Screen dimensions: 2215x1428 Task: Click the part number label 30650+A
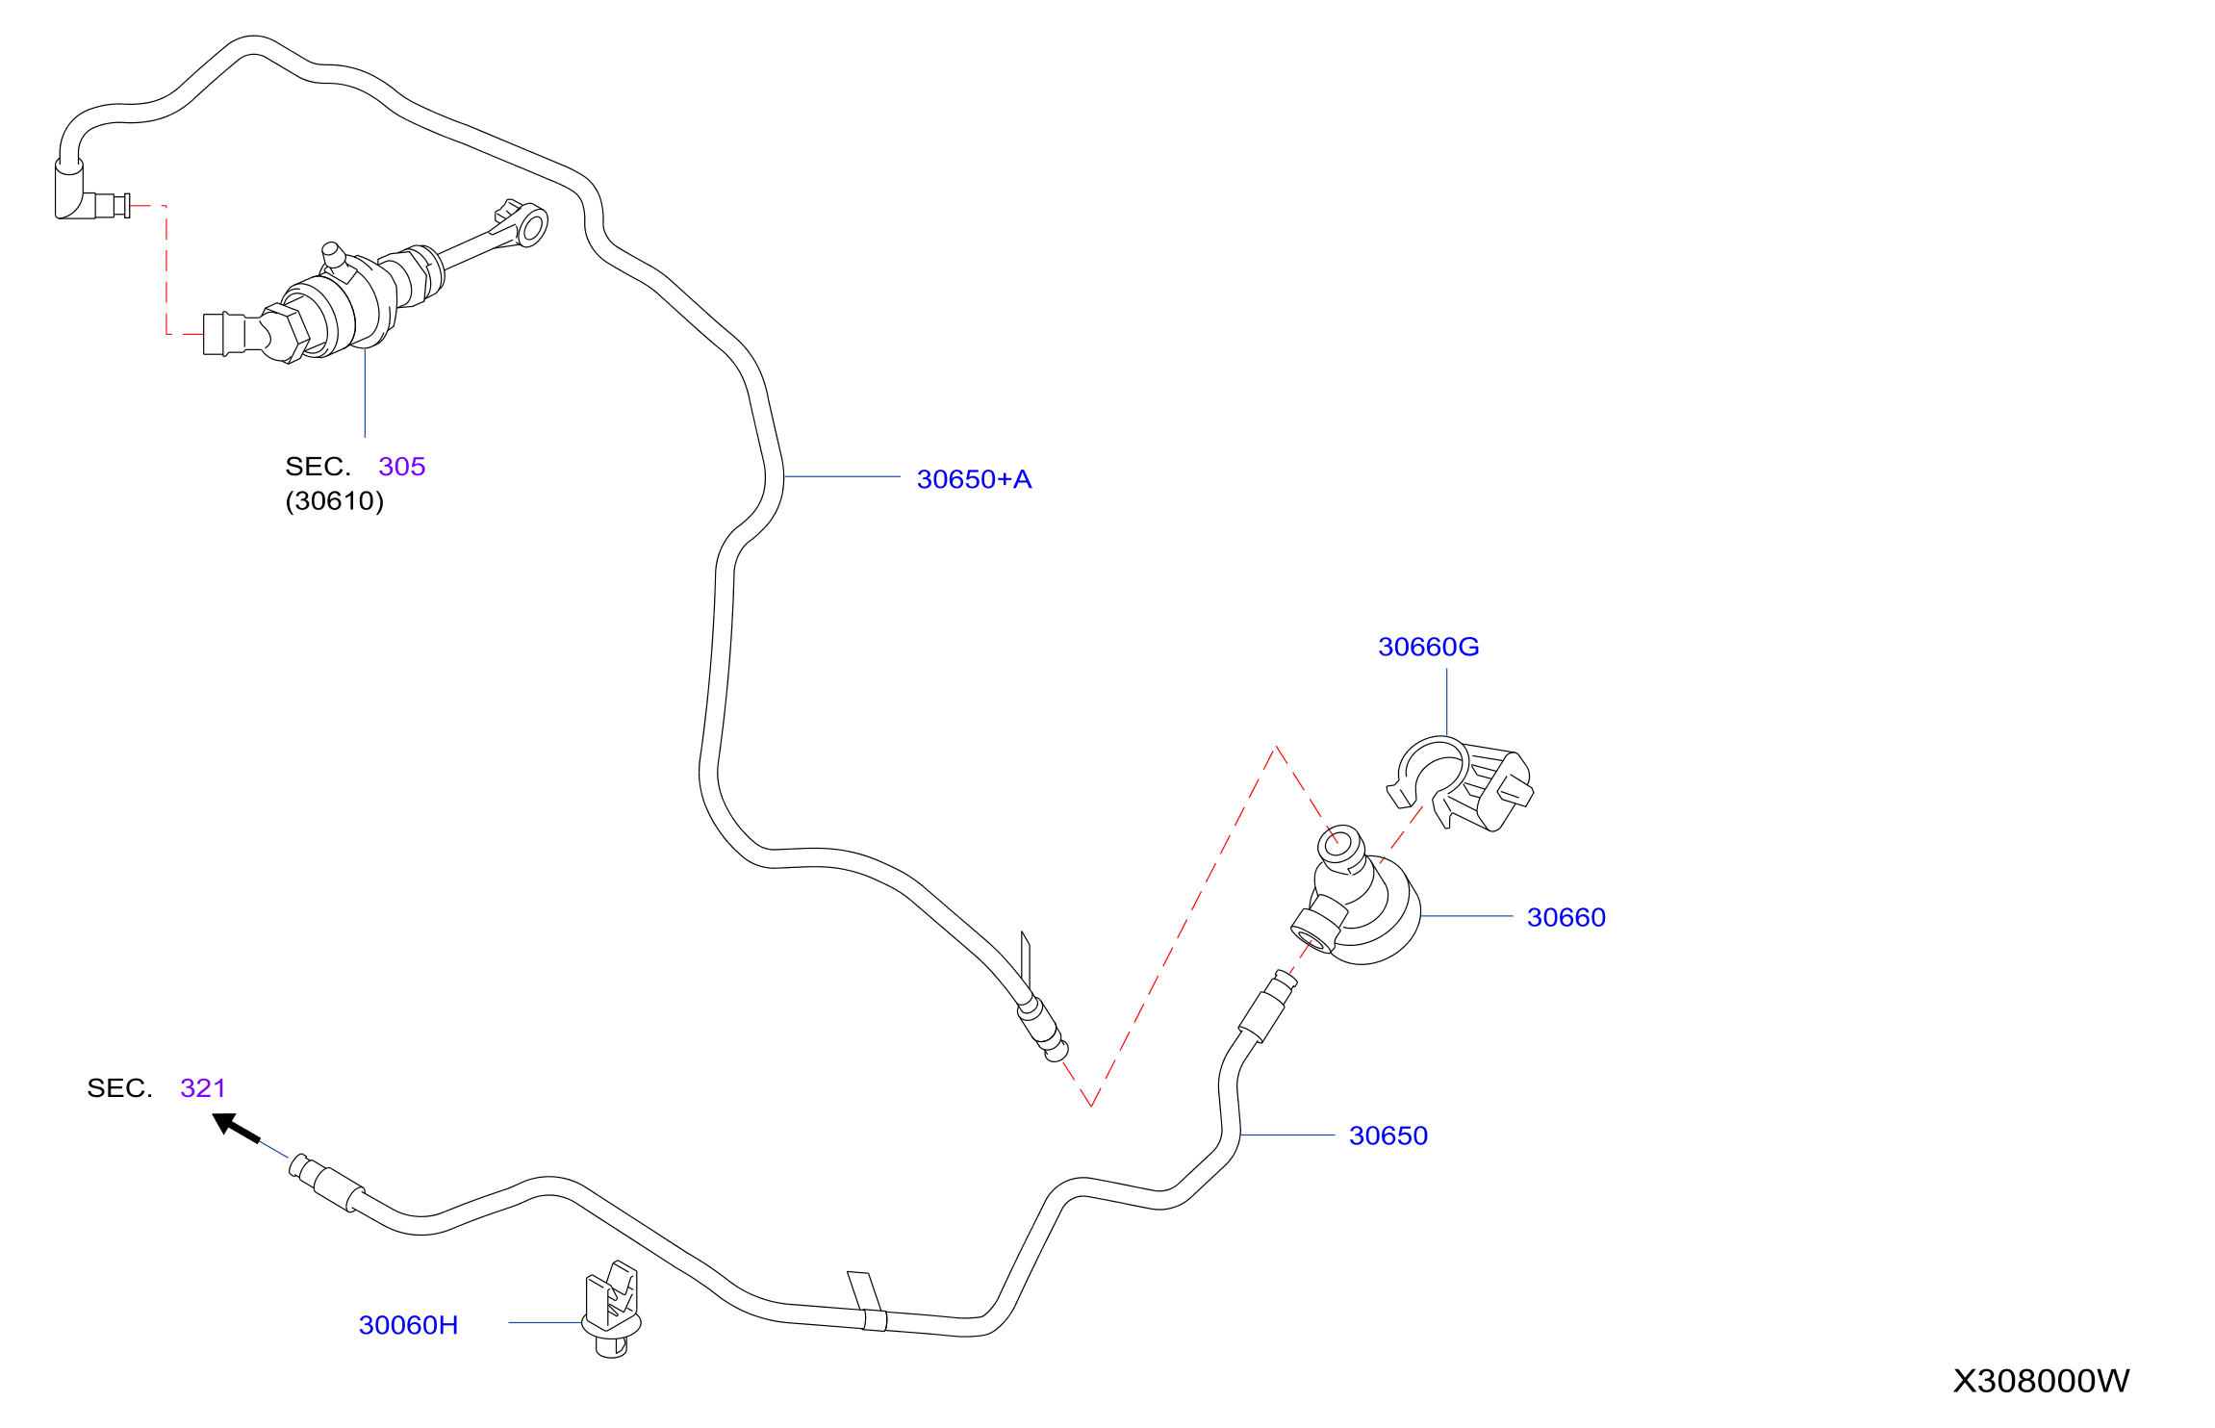click(x=974, y=479)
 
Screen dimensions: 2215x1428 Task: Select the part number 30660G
click(x=1428, y=647)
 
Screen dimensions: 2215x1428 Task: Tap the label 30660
click(x=1566, y=917)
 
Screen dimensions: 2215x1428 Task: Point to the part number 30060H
click(x=408, y=1325)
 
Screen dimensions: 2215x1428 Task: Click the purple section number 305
click(x=402, y=467)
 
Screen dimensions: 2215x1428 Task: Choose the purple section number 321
click(x=203, y=1088)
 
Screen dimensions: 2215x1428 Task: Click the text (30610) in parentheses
click(x=335, y=501)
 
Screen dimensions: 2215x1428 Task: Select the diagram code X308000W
click(x=2041, y=1381)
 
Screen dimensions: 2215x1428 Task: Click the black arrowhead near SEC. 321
click(x=230, y=1124)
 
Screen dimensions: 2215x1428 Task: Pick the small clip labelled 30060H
click(x=612, y=1309)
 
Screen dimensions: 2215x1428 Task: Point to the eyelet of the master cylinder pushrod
click(x=532, y=227)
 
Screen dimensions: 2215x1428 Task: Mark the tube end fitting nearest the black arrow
click(x=325, y=1181)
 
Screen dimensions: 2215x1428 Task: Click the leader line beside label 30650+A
click(x=842, y=476)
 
